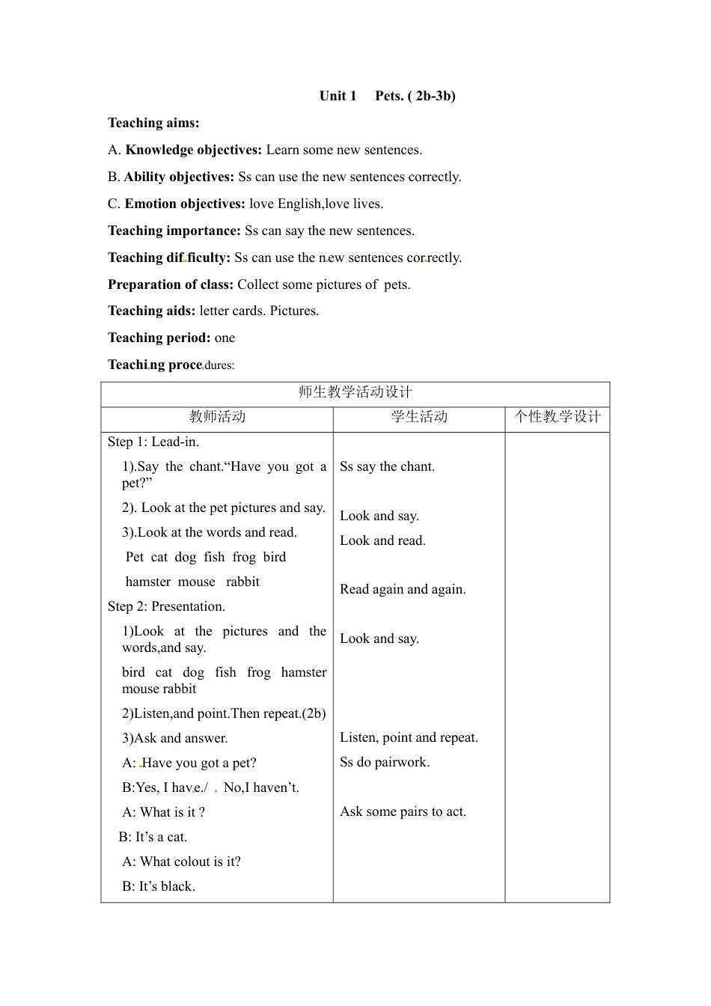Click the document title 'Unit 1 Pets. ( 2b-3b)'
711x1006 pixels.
(387, 96)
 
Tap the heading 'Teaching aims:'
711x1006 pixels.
(153, 123)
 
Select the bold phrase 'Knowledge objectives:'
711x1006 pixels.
(194, 150)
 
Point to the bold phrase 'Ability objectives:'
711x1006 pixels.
(179, 177)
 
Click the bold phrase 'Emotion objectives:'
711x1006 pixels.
(185, 204)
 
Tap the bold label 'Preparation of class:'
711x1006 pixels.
(171, 284)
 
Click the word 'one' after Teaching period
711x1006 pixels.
(225, 338)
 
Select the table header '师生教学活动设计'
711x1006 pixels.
(355, 392)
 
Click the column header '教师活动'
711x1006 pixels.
(217, 417)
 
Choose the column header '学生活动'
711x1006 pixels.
(419, 417)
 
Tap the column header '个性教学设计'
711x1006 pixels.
(558, 417)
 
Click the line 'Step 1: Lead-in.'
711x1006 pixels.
(153, 442)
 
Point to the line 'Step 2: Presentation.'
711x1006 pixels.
(166, 606)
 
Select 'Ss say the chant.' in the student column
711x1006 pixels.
(387, 466)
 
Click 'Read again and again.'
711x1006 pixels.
(403, 589)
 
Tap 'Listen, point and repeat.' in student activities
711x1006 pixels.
(409, 737)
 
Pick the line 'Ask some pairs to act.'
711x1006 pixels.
(403, 811)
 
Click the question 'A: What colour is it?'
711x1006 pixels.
(181, 862)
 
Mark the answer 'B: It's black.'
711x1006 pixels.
(159, 886)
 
